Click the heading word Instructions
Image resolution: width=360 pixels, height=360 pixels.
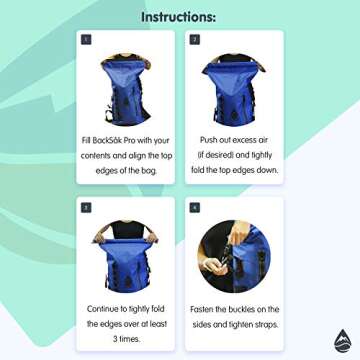pos(180,17)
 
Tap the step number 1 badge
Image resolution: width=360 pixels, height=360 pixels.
pos(87,41)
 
